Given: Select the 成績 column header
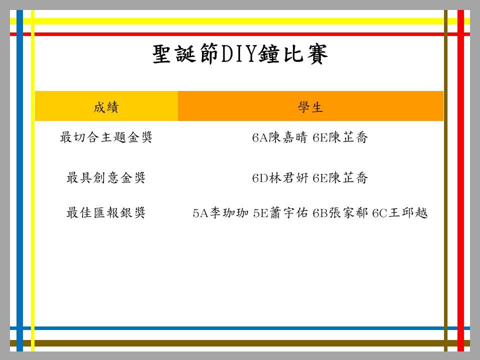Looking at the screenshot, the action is (106, 107).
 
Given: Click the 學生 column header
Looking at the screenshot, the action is (310, 107).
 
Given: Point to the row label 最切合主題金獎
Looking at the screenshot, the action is (106, 137).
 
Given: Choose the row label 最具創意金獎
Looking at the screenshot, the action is (106, 177).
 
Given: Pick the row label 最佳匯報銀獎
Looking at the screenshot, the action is (106, 212).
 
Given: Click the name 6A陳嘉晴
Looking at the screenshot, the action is (279, 137).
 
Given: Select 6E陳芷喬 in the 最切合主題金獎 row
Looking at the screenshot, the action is (340, 137).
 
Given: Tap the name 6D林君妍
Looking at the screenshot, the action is (280, 177).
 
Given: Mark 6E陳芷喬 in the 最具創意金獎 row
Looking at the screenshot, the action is (340, 177).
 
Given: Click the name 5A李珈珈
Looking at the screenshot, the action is (220, 212).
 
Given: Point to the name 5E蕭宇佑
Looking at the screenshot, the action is (280, 212).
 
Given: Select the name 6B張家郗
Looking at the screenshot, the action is (340, 212).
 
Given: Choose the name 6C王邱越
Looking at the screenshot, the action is (400, 212).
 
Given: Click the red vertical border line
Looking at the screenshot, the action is (460, 180).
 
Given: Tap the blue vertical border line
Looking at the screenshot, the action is (19, 180).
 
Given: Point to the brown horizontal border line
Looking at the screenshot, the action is (240, 343).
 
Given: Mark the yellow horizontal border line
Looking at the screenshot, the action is (240, 21).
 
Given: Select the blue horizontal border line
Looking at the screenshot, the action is (240, 328).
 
